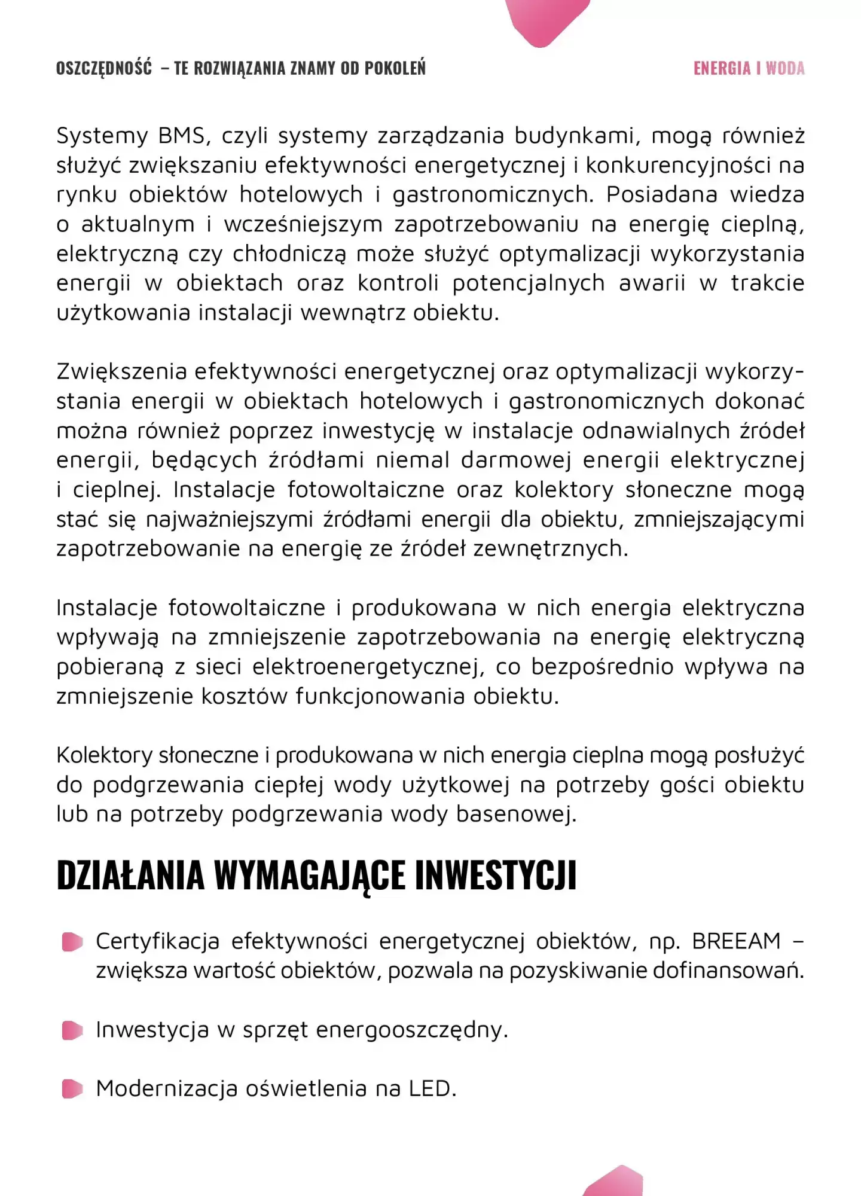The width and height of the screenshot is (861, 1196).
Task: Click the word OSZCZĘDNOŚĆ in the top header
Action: click(x=104, y=68)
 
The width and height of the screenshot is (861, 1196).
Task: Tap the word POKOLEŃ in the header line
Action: click(x=395, y=68)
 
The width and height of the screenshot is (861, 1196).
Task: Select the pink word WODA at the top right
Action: click(x=785, y=68)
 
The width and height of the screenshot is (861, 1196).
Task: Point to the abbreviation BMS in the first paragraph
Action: click(x=182, y=136)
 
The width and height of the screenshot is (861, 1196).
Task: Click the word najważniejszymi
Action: click(x=229, y=520)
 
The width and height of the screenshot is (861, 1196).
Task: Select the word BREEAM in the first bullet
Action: click(x=737, y=941)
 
